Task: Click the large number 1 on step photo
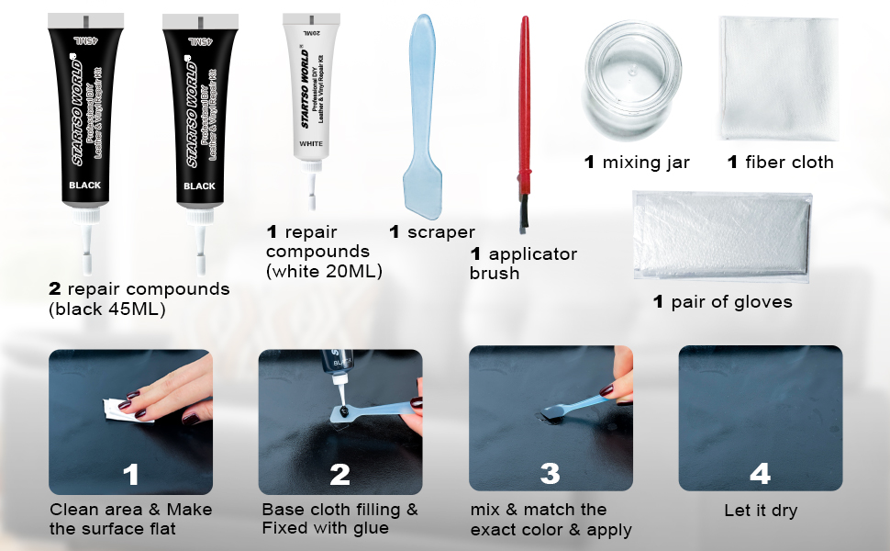(x=131, y=474)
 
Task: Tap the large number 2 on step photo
(x=339, y=474)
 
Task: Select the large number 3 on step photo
(x=551, y=474)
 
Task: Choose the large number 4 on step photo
(x=760, y=474)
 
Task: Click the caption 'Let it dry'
(x=761, y=510)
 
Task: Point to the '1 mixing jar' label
(x=637, y=163)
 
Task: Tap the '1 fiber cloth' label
(x=780, y=163)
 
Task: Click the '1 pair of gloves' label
(x=722, y=301)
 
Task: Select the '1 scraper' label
(x=431, y=232)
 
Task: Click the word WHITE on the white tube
(x=311, y=144)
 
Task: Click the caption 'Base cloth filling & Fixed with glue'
(x=339, y=519)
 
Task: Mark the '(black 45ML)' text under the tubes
(x=107, y=309)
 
